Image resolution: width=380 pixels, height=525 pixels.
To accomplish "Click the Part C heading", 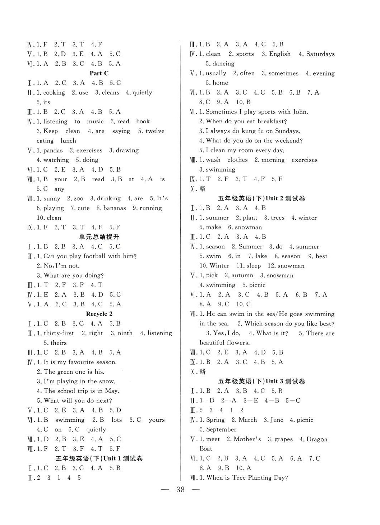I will tap(99, 73).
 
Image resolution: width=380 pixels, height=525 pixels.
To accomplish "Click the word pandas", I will tap(53, 150).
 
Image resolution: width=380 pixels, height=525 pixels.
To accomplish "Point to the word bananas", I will tap(115, 208).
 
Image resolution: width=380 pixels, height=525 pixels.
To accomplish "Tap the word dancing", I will tap(223, 64).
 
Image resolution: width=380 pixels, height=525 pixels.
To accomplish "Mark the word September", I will tap(221, 429).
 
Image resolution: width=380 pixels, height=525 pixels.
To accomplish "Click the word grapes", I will tap(283, 439).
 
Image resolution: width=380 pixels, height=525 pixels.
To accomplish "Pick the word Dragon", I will tap(317, 439).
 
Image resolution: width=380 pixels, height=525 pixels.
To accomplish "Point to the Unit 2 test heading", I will tap(261, 198).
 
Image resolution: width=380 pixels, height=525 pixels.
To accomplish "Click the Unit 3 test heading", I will tap(261, 381).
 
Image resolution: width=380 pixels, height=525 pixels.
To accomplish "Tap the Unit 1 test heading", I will tap(99, 458).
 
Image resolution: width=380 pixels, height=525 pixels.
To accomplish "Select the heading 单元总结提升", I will tap(99, 237).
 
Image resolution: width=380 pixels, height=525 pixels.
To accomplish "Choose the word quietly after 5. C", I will tap(96, 429).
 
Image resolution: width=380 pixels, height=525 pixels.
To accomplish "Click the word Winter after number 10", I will tap(219, 266).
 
